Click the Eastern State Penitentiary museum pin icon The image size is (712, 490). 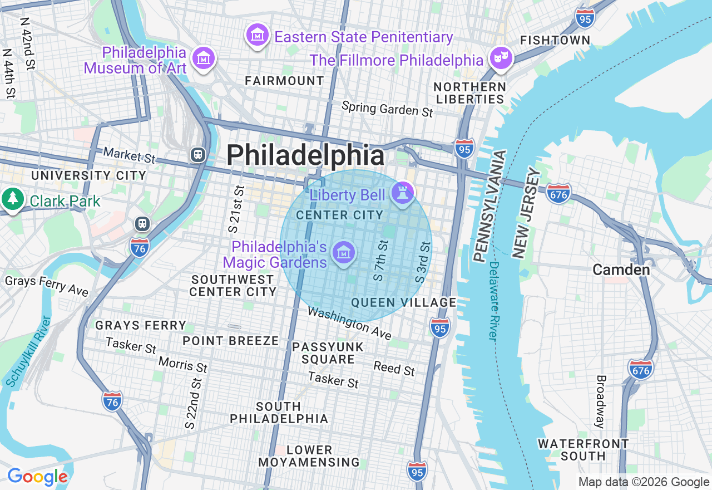pos(257,36)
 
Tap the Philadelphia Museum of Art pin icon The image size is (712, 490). pos(204,57)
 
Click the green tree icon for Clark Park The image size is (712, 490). pos(12,199)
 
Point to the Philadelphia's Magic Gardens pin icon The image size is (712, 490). pos(344,253)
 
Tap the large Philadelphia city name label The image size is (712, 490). pos(305,155)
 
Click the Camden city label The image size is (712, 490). pos(621,270)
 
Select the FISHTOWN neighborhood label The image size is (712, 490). pos(555,40)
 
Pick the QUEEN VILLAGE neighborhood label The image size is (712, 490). pos(404,302)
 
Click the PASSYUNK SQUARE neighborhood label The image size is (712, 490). pos(328,353)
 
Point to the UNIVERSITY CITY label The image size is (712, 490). pos(88,175)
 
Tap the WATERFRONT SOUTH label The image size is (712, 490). pos(583,450)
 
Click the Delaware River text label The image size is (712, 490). pos(493,301)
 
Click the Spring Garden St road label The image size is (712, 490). pos(387,109)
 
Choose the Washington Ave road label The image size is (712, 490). pos(349,323)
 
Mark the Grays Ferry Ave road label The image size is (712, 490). pos(47,285)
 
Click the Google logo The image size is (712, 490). pos(37,477)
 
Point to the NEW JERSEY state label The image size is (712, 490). pos(526,213)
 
